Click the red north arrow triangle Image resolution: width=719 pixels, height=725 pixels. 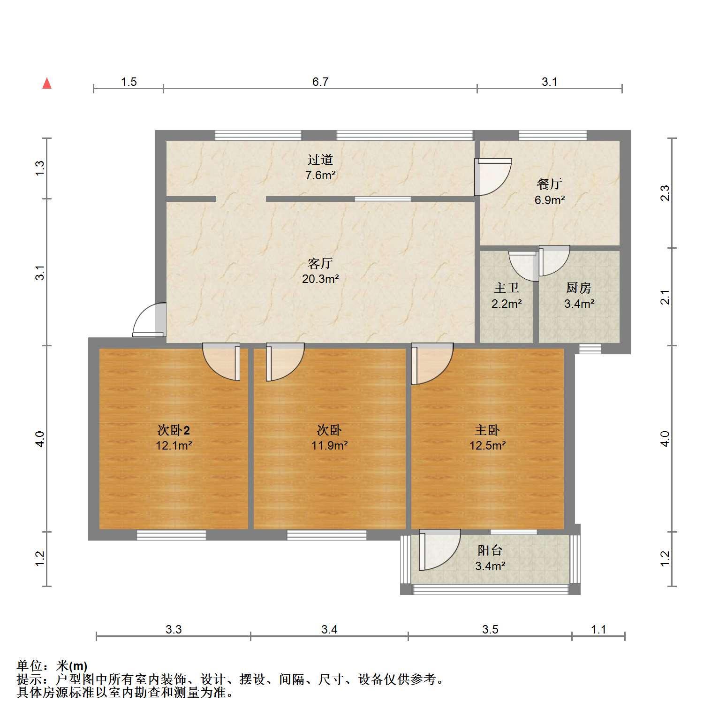(47, 84)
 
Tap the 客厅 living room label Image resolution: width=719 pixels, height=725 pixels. (320, 263)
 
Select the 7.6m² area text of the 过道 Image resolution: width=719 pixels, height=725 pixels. (320, 176)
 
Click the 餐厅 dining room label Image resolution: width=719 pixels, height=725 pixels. (550, 183)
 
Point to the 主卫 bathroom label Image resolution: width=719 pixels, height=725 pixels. (507, 287)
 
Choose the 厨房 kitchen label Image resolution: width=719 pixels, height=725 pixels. (579, 287)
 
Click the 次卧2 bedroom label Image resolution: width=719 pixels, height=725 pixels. (174, 430)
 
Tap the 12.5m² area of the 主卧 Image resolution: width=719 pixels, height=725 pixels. (488, 445)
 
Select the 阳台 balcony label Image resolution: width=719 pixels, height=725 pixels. (490, 550)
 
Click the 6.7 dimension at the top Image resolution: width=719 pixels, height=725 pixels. (320, 82)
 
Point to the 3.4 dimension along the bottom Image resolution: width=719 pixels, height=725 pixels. (329, 629)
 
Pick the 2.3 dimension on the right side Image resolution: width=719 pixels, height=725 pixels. (665, 193)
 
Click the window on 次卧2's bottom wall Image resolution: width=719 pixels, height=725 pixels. (171, 535)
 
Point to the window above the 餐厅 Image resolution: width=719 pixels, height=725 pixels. (552, 135)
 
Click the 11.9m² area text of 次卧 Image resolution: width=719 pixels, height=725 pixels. (330, 445)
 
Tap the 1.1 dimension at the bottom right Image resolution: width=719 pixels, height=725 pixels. (598, 629)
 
